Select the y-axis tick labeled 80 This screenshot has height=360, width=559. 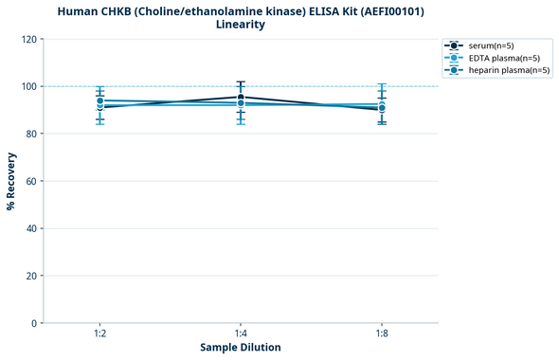pyautogui.click(x=31, y=134)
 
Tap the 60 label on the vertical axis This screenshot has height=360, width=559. pyautogui.click(x=31, y=181)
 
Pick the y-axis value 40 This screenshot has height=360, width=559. pyautogui.click(x=31, y=228)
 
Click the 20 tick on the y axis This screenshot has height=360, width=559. pyautogui.click(x=31, y=276)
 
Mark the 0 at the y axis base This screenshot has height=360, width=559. pyautogui.click(x=34, y=323)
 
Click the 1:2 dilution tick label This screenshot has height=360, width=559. pyautogui.click(x=99, y=333)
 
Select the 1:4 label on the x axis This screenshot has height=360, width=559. pyautogui.click(x=241, y=333)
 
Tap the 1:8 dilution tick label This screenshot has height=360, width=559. pyautogui.click(x=382, y=333)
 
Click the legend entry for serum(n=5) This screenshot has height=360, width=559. pyautogui.click(x=495, y=45)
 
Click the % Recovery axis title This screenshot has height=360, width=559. pyautogui.click(x=11, y=181)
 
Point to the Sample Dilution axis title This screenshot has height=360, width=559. pyautogui.click(x=241, y=348)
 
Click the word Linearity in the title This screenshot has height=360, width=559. pyautogui.click(x=241, y=25)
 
